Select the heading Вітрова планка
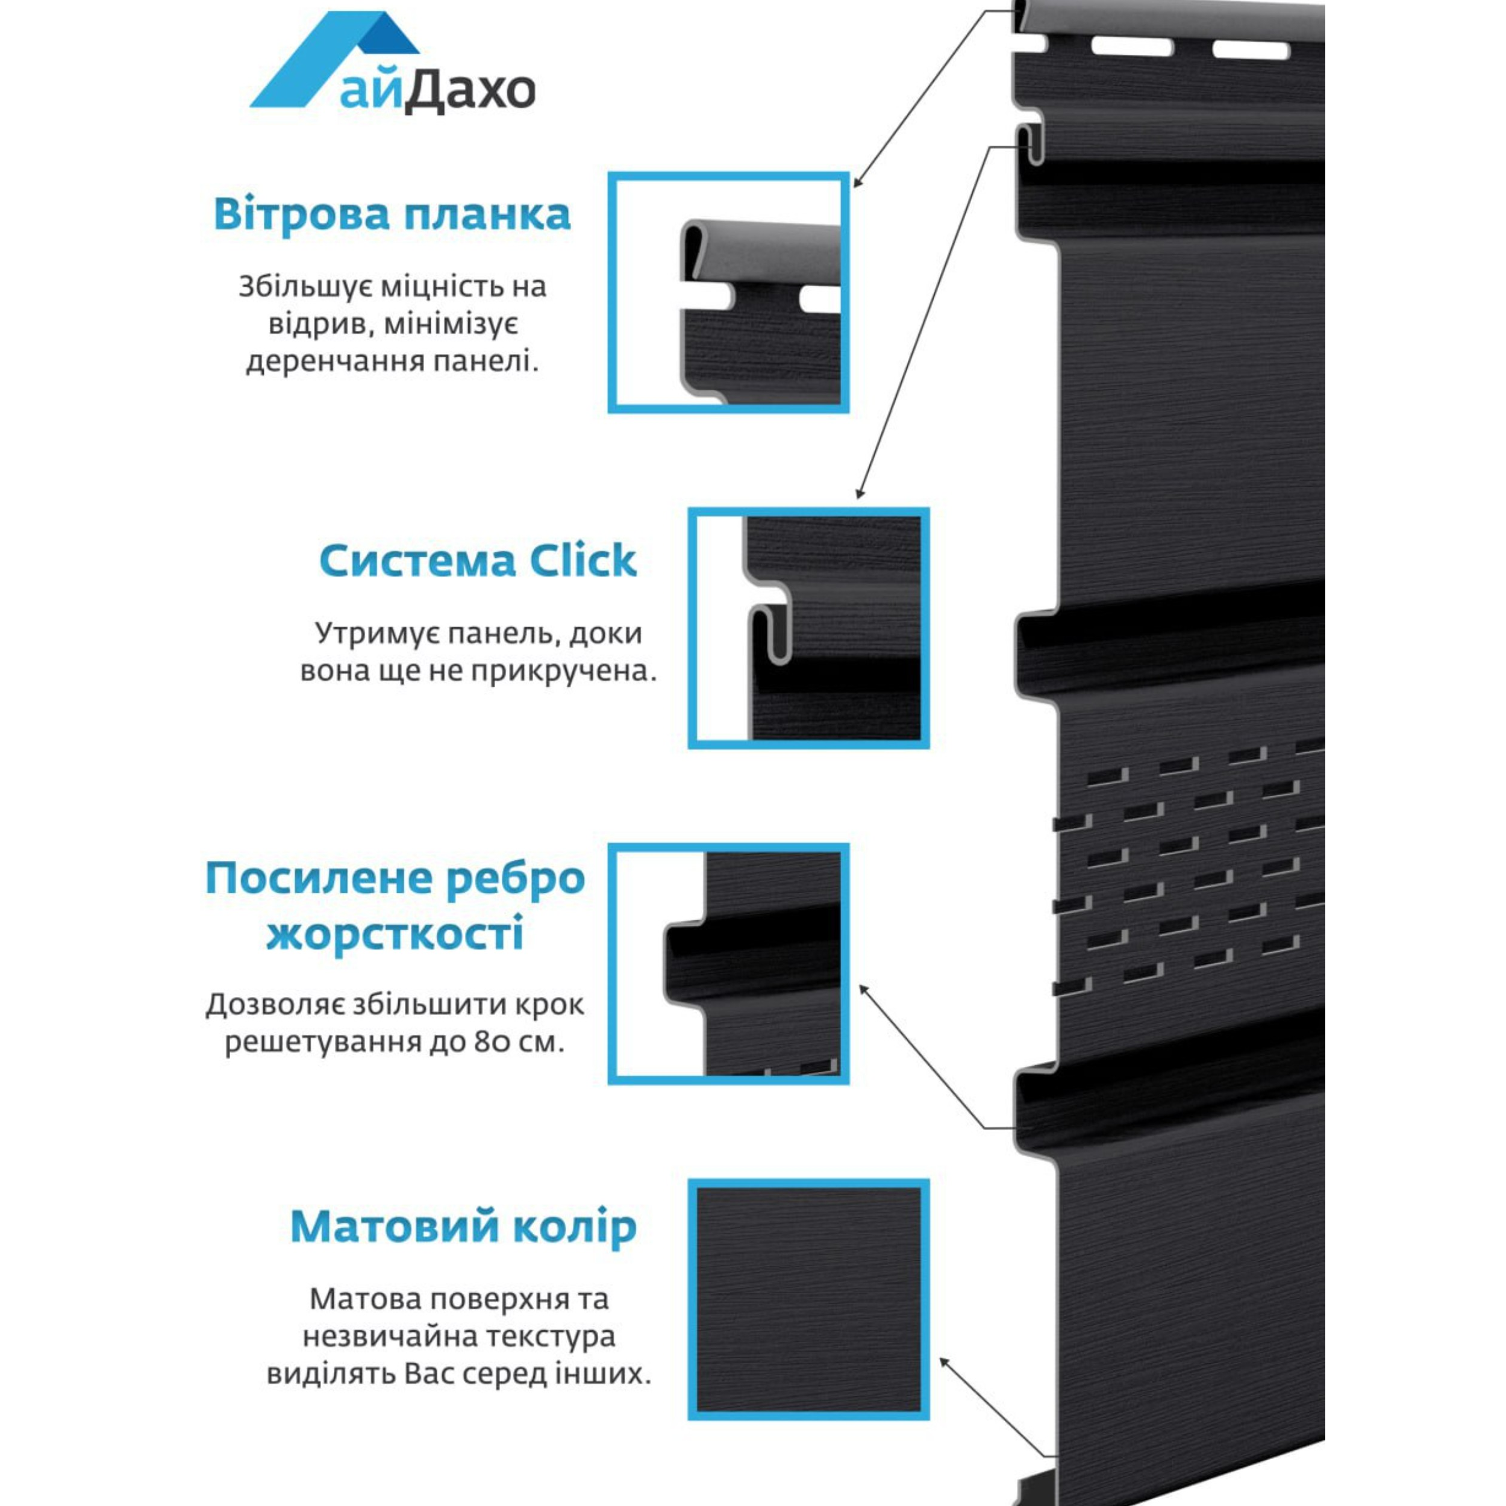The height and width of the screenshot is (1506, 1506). [x=392, y=214]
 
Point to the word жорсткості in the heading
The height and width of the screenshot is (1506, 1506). [x=395, y=934]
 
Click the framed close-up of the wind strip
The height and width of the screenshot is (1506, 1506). [x=728, y=292]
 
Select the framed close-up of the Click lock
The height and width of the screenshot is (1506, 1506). [x=808, y=628]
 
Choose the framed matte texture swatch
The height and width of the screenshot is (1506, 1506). [x=808, y=1299]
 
